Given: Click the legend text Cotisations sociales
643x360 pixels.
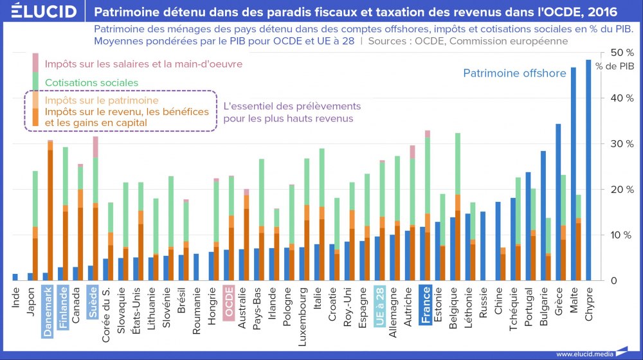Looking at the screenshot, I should tap(91, 82).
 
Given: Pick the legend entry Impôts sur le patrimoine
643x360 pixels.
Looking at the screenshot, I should tap(102, 100).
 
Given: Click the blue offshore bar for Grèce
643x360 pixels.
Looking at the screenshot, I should tap(559, 202).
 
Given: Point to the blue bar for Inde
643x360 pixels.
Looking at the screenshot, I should tap(15, 277).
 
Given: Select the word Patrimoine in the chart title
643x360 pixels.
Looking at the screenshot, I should tap(123, 12).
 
